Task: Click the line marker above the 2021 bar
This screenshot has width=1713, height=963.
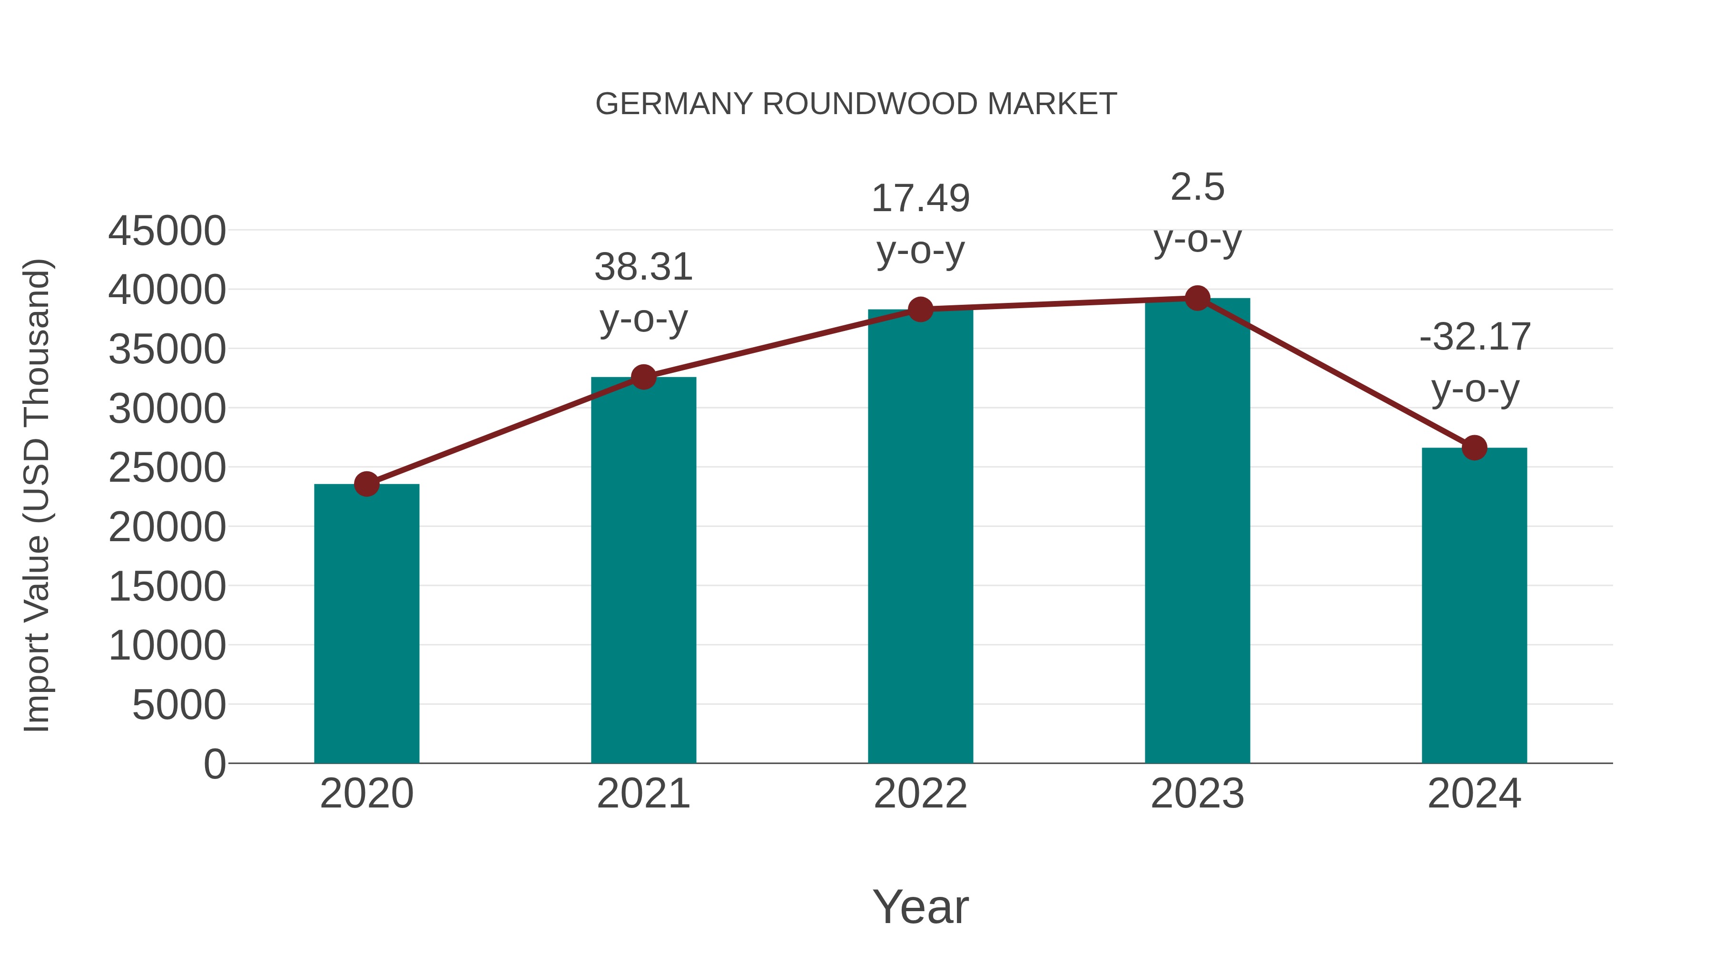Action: (644, 377)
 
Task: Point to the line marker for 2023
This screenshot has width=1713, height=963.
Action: (1197, 298)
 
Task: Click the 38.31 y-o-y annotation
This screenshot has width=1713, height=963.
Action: (644, 292)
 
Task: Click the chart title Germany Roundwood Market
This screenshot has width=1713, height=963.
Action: (856, 104)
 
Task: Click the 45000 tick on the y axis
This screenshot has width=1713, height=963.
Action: (167, 231)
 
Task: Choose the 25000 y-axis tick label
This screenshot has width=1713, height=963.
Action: (167, 468)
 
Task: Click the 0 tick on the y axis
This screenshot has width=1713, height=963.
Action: (215, 764)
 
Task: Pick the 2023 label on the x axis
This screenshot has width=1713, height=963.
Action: (1197, 794)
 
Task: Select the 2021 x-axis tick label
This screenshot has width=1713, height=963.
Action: (644, 794)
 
